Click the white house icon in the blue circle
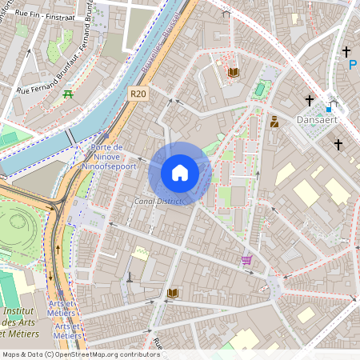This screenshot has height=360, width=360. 180,172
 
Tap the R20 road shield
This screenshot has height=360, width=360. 138,94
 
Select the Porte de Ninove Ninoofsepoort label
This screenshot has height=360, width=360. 109,158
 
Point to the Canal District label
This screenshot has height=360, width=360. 158,201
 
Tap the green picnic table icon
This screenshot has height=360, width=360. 68,94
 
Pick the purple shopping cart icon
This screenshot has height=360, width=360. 247,259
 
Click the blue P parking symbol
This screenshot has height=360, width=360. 352,65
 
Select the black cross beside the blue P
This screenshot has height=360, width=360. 346,51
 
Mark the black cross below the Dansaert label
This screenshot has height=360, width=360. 338,145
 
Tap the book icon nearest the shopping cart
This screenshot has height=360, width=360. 172,294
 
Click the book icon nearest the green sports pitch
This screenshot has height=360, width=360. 233,73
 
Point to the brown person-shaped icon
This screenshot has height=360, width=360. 274,122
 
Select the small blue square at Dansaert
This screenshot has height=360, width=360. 328,109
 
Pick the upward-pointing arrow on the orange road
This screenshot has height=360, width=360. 57,250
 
